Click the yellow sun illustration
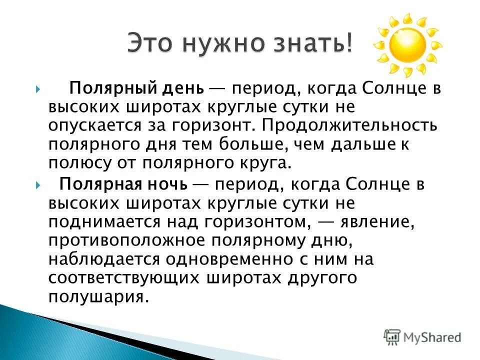(407, 45)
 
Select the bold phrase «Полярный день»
(129, 89)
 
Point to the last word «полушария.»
(99, 296)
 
